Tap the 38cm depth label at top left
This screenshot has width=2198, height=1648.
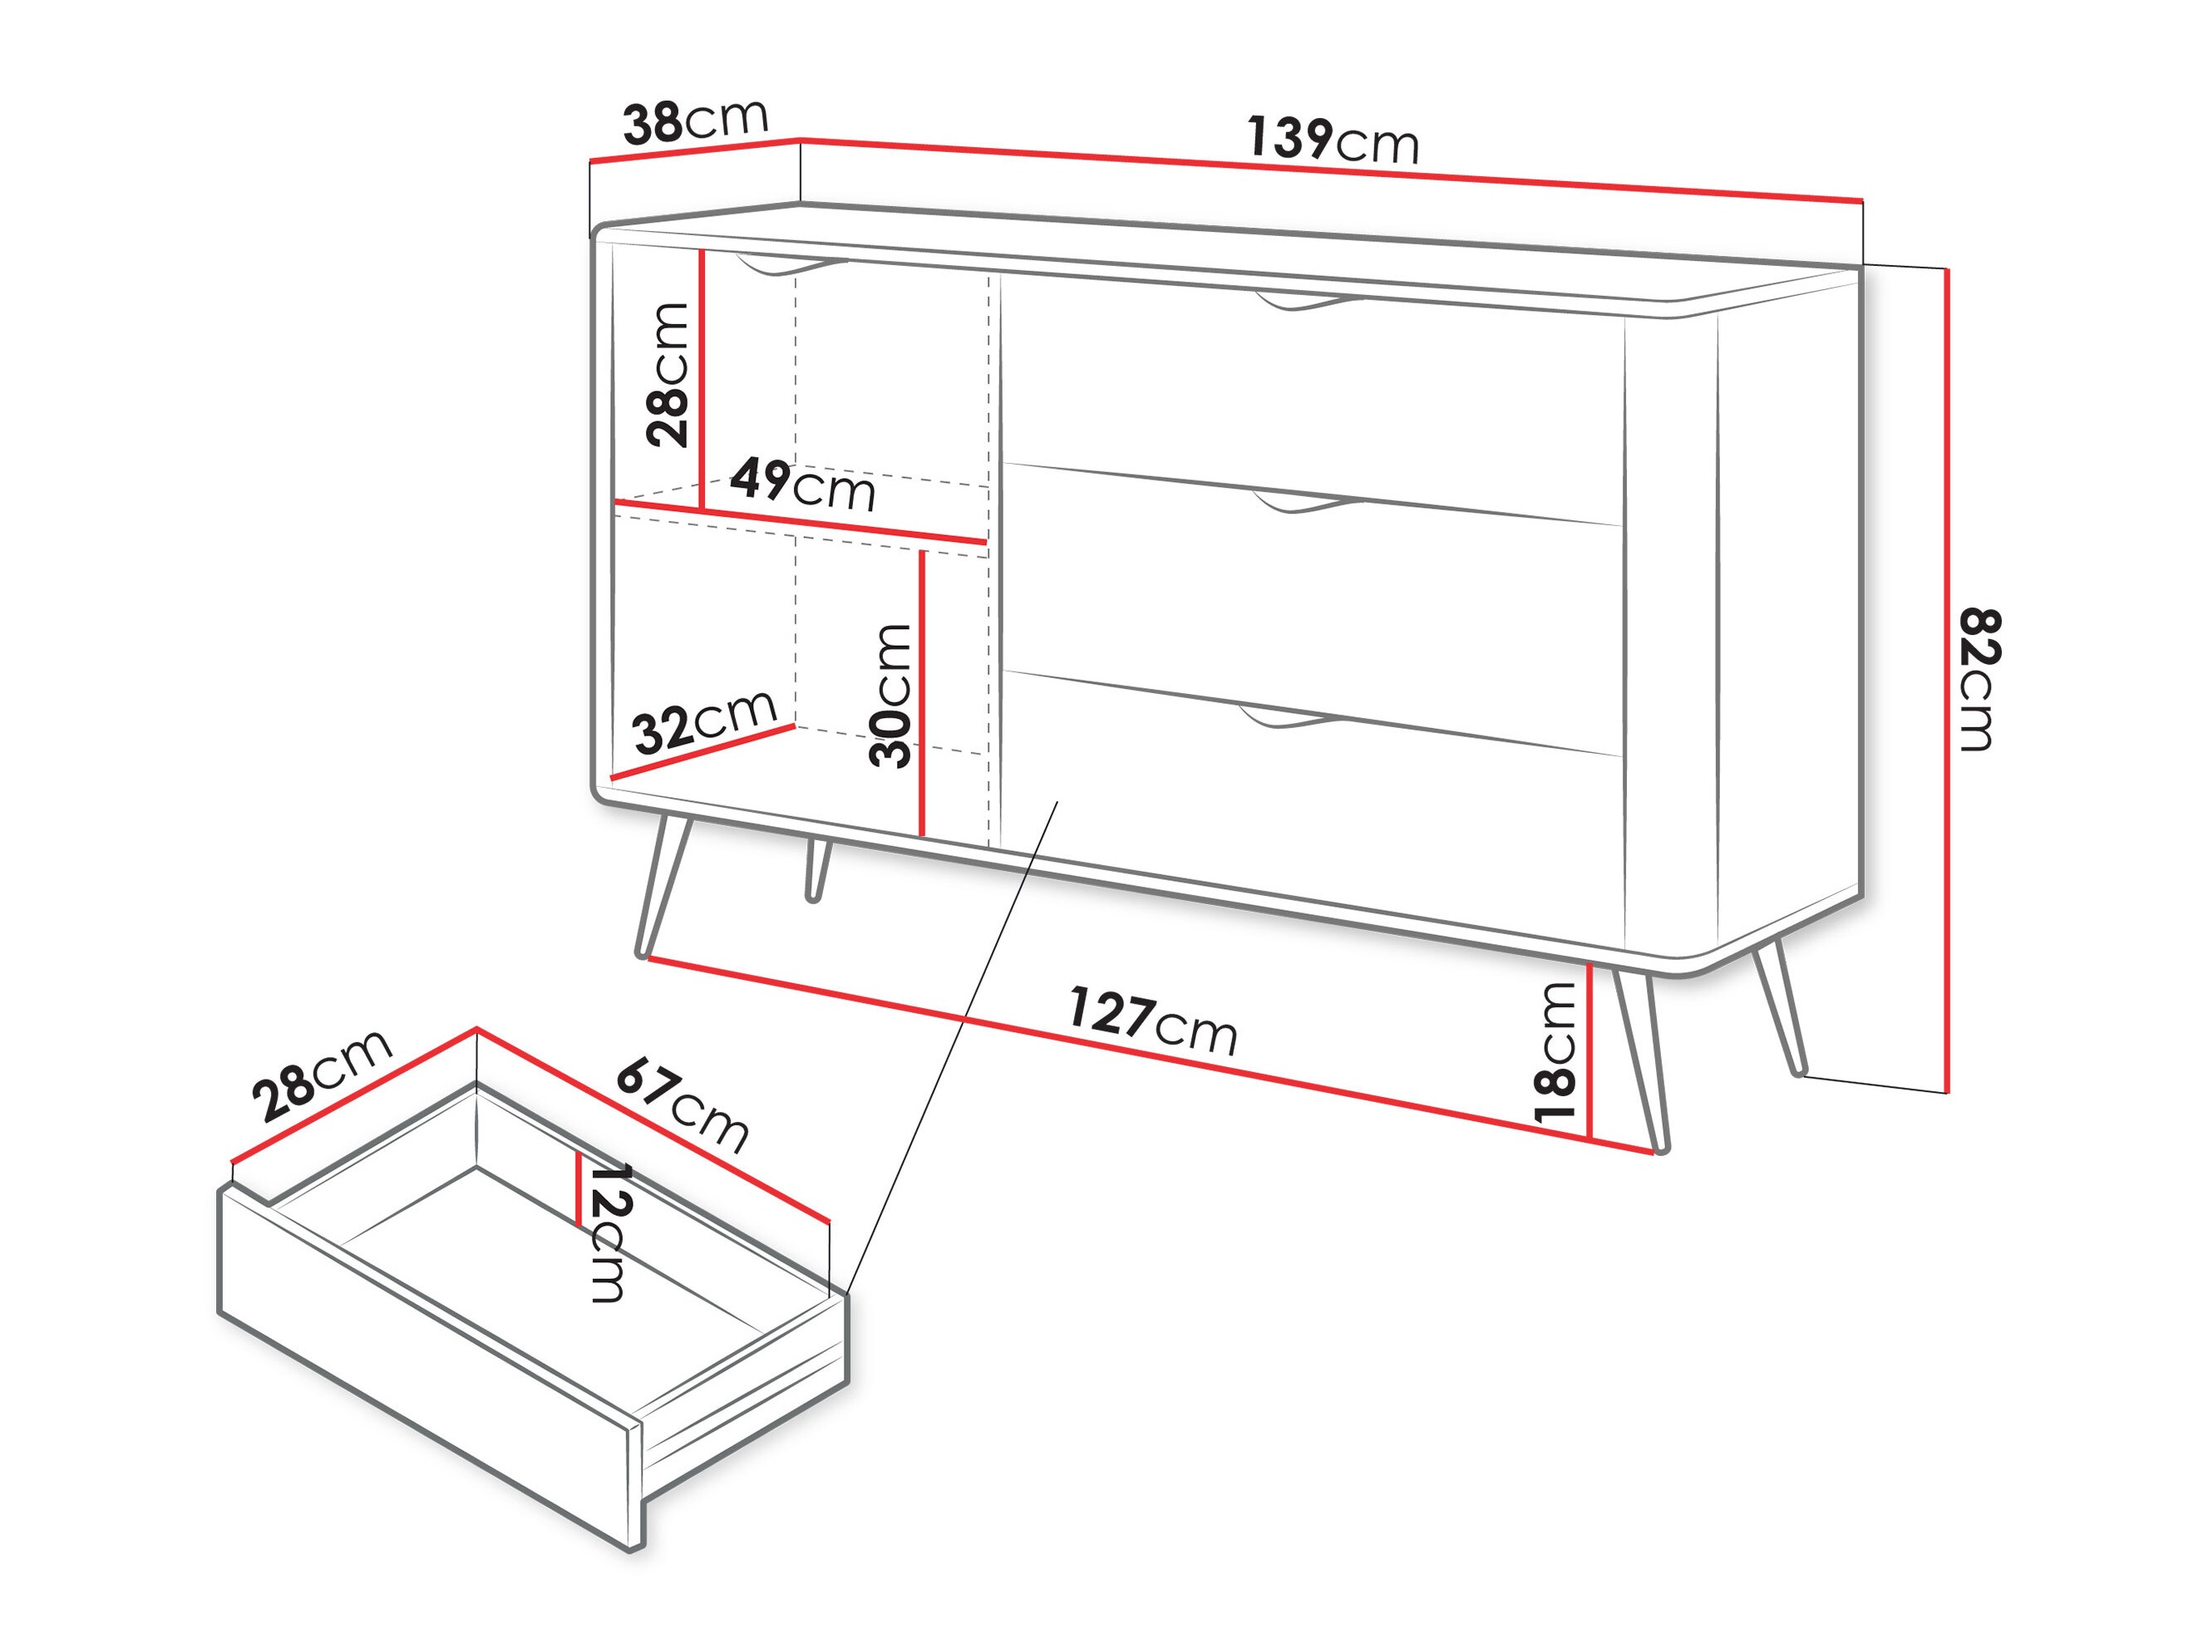(x=696, y=121)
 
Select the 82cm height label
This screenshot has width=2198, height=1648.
(x=1979, y=680)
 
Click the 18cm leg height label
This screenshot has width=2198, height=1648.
(x=1556, y=1053)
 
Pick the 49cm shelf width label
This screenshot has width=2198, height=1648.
(x=803, y=485)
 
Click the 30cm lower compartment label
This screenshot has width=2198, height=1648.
(x=890, y=696)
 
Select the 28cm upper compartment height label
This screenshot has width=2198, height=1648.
(x=668, y=375)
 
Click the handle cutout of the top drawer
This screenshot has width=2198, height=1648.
(x=1307, y=301)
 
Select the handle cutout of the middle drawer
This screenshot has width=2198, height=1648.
(x=1307, y=503)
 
